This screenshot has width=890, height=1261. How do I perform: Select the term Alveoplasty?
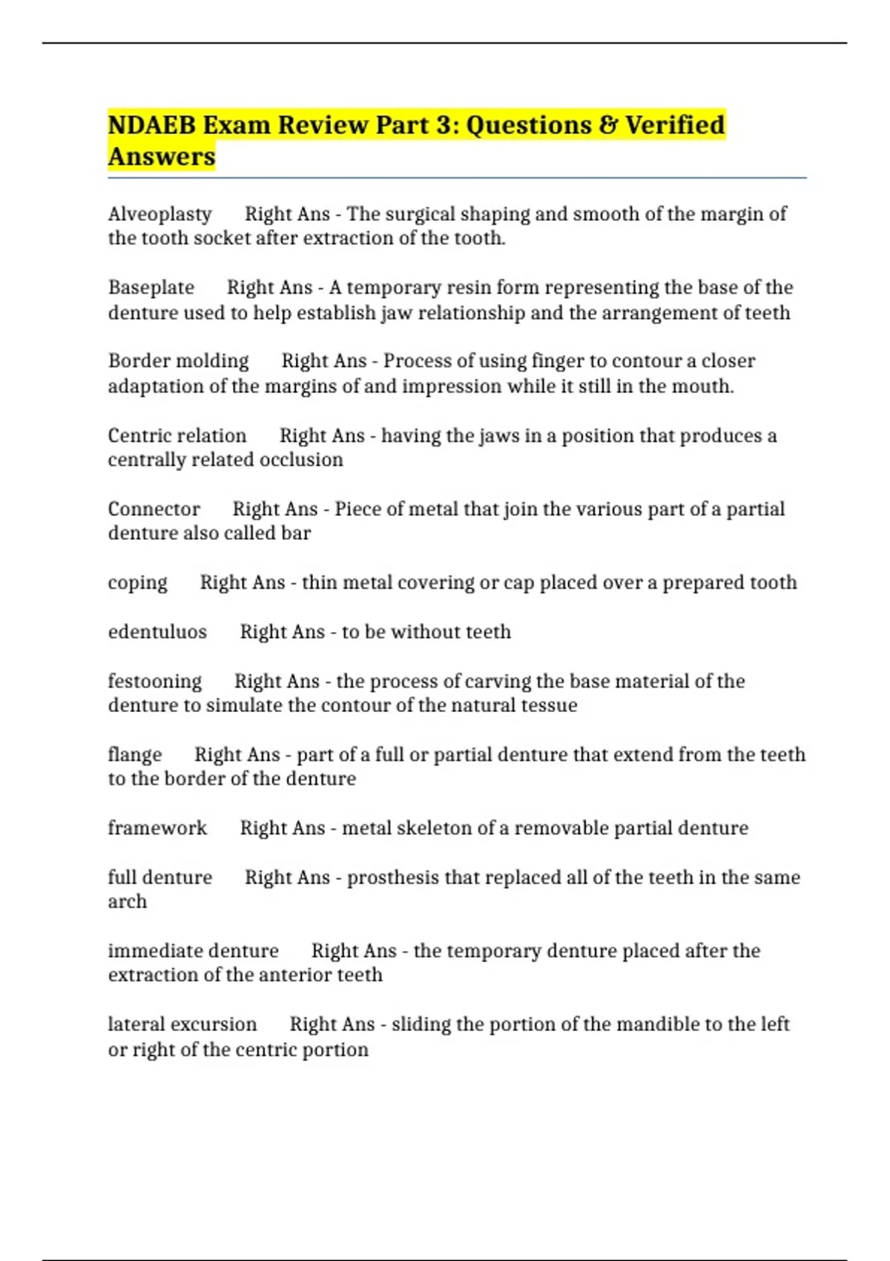pos(159,214)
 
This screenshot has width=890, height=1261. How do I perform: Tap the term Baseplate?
pos(151,288)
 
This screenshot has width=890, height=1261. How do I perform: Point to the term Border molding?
pos(178,361)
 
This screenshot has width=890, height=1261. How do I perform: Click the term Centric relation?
pos(177,435)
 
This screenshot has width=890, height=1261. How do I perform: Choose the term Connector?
pos(154,509)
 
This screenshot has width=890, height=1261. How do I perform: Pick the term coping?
pos(137,583)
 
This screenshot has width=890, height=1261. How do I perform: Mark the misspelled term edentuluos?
pos(157,632)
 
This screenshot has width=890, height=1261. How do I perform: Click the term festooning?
pos(154,681)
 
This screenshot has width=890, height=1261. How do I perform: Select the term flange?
pos(134,754)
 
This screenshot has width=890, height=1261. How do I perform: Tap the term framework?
pos(157,828)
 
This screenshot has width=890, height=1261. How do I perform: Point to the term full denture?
pos(159,878)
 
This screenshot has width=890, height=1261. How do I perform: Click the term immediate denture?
pos(193,951)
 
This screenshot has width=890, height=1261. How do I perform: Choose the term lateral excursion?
pos(182,1024)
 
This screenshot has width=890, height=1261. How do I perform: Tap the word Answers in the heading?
pos(161,157)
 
